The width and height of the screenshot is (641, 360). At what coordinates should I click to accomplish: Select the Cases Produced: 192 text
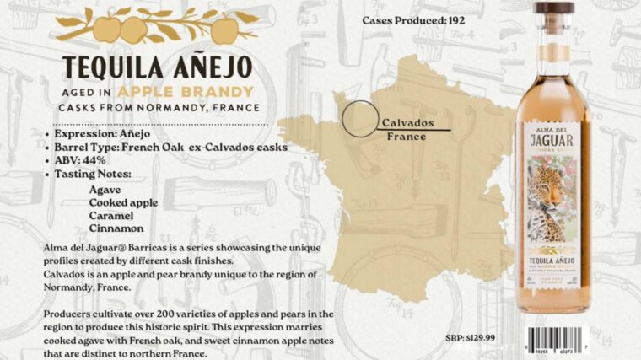pyautogui.click(x=413, y=19)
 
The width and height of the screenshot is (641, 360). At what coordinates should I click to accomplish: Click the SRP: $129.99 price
pyautogui.click(x=471, y=337)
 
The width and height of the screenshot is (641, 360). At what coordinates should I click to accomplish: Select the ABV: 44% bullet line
pyautogui.click(x=85, y=160)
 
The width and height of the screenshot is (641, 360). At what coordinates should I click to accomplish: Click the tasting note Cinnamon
pyautogui.click(x=116, y=228)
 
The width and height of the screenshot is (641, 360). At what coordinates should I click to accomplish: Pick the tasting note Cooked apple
pyautogui.click(x=126, y=202)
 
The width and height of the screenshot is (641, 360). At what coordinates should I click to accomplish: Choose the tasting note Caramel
pyautogui.click(x=111, y=215)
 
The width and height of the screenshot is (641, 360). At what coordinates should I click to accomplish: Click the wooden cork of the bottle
pyautogui.click(x=554, y=8)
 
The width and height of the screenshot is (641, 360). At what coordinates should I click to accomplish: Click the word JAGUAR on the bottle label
pyautogui.click(x=553, y=142)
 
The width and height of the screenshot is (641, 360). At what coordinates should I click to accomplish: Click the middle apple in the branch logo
pyautogui.click(x=132, y=31)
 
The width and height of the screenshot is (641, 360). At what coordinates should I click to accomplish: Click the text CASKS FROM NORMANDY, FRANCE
pyautogui.click(x=158, y=108)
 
